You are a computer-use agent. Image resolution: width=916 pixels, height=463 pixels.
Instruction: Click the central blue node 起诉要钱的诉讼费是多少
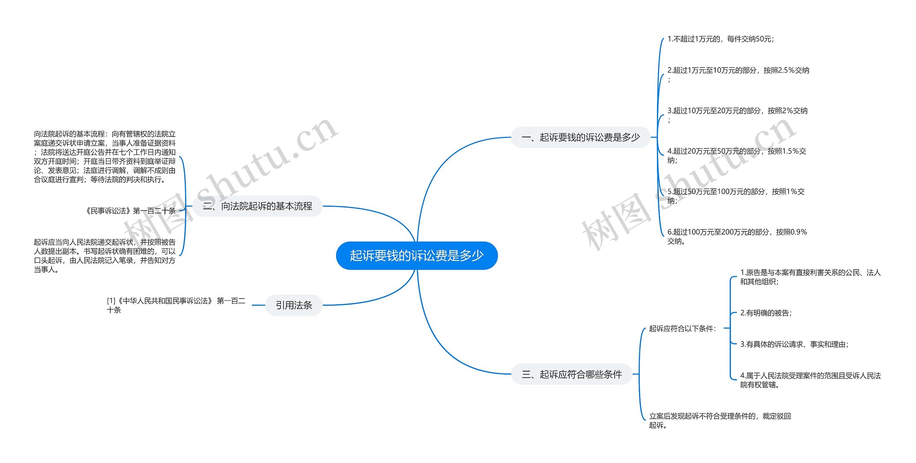[416, 256]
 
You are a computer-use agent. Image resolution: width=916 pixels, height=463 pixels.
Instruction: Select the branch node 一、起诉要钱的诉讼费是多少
[580, 137]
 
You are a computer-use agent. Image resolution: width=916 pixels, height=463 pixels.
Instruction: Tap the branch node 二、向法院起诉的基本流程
[258, 206]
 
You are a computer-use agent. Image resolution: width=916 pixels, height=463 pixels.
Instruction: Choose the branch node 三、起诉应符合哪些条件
[571, 374]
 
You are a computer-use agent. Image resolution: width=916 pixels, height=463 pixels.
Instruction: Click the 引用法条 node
[294, 305]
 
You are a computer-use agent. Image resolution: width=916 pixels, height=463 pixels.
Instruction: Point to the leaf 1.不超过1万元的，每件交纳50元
[720, 39]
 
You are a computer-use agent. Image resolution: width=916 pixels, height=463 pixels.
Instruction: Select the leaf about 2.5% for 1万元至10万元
[738, 71]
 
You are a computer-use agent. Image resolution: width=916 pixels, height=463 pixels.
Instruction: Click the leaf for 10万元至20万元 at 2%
[737, 111]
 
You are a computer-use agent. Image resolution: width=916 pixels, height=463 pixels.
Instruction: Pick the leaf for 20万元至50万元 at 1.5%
[736, 152]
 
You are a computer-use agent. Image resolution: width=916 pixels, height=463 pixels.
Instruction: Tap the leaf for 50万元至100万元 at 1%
[736, 192]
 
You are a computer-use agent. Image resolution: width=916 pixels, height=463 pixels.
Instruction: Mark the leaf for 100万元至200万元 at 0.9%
[737, 232]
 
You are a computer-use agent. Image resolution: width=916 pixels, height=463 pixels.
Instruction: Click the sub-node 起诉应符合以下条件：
[682, 329]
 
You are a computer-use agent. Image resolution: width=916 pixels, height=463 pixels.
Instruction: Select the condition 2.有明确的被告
[766, 313]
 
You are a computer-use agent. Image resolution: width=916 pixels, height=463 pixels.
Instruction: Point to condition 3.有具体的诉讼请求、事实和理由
[794, 344]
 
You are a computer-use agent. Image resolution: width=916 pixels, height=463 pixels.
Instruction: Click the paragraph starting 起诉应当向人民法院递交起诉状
[104, 256]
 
